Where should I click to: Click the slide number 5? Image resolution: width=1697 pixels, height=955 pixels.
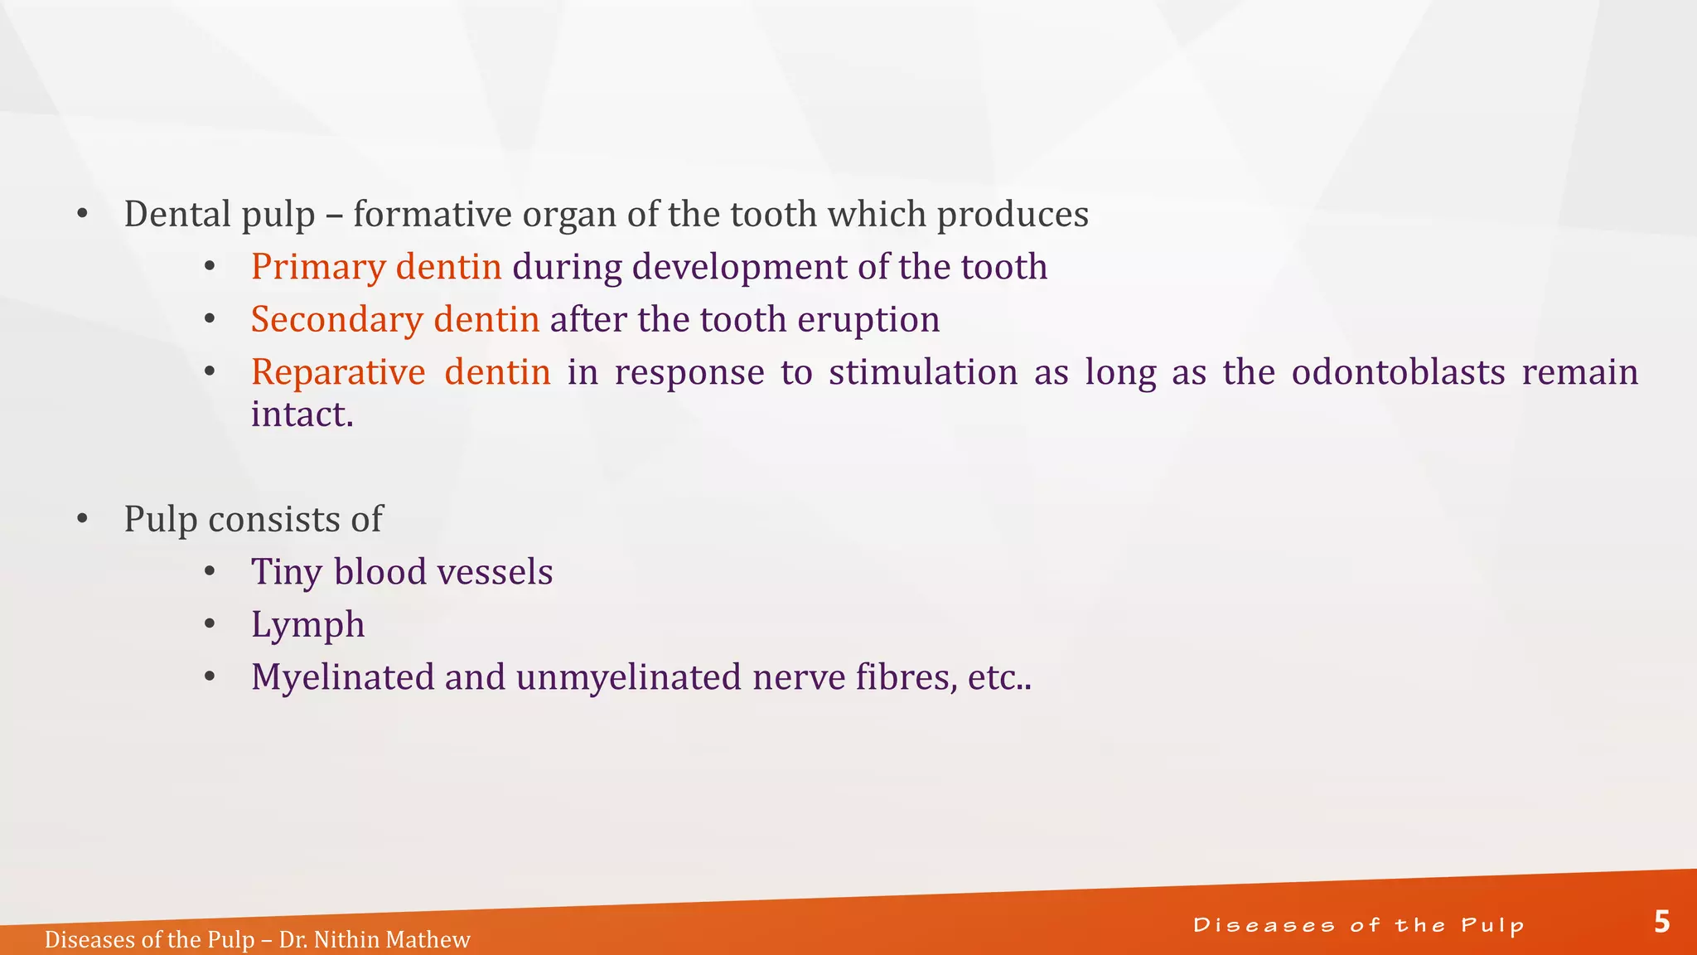pos(1661,922)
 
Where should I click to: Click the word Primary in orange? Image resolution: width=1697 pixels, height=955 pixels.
pos(318,268)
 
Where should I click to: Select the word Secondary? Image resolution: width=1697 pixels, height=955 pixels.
pos(336,320)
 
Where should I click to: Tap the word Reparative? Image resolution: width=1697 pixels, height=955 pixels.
pos(338,373)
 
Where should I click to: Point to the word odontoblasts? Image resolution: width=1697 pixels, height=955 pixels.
pos(1398,372)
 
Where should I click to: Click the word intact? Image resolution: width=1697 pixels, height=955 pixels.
pos(302,414)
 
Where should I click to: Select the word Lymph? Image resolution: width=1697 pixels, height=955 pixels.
pos(307,625)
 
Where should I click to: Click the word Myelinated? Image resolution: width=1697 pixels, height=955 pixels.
pos(342,678)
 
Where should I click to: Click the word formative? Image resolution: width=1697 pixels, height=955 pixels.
pos(433,215)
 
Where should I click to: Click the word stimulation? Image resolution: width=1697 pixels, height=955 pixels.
pos(923,372)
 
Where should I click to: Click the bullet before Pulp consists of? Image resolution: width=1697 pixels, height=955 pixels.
pos(82,520)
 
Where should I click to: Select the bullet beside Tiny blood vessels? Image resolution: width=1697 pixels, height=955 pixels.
pos(210,572)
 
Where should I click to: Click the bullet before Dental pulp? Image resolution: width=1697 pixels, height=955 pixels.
pos(82,215)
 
